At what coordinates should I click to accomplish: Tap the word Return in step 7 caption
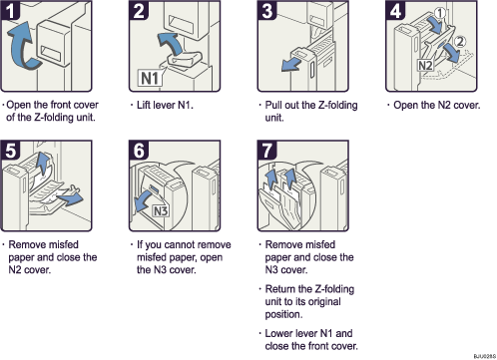pos(282,288)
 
